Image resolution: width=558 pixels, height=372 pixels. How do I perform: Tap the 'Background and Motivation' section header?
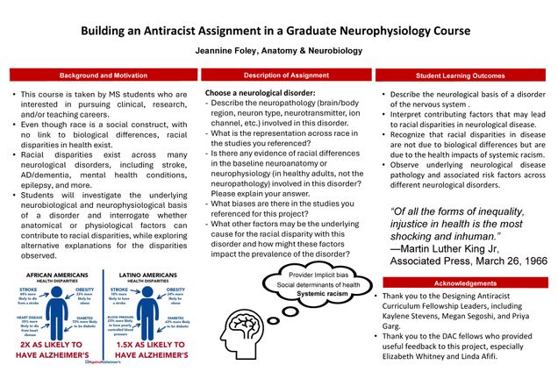(98, 75)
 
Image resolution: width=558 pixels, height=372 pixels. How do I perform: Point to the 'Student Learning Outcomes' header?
(463, 75)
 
